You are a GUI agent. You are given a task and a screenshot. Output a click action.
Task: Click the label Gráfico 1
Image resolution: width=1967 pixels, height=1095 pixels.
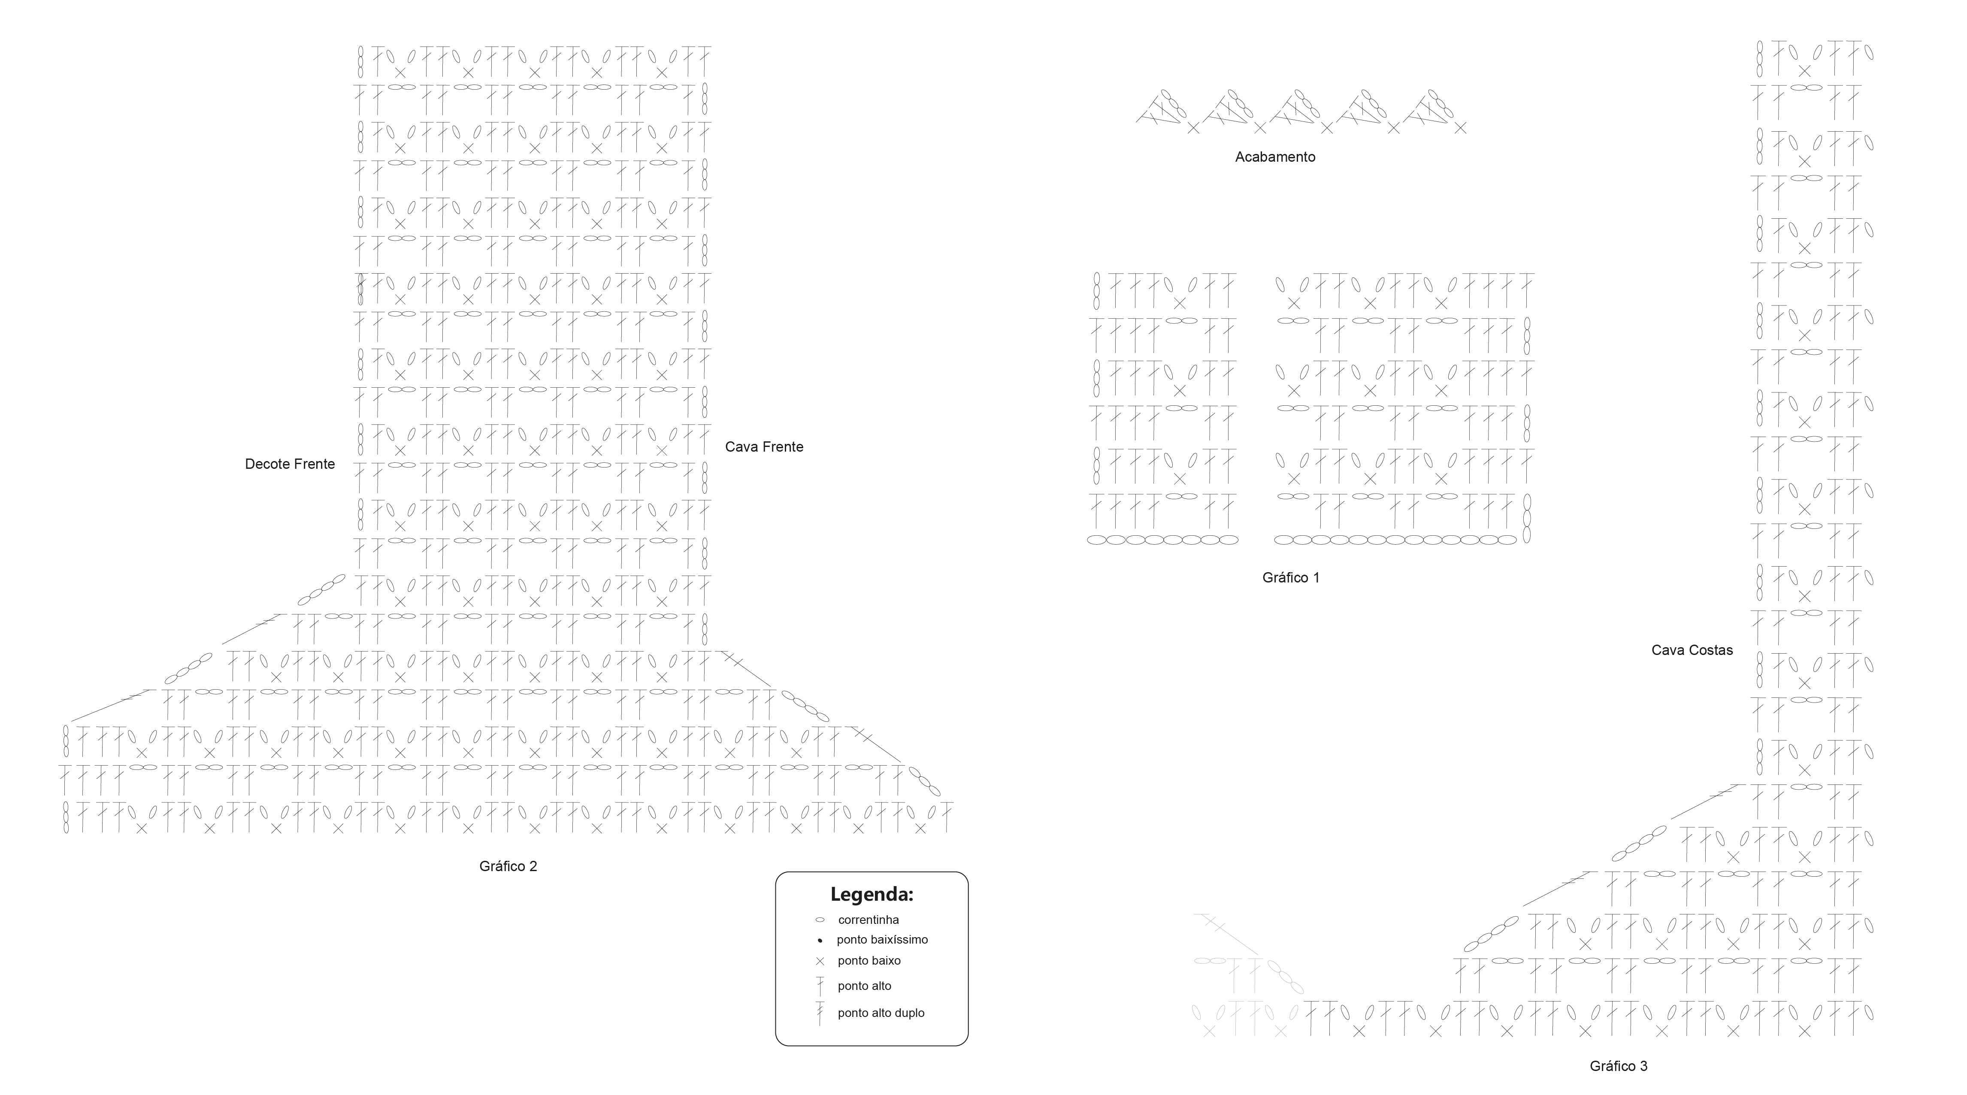(1290, 578)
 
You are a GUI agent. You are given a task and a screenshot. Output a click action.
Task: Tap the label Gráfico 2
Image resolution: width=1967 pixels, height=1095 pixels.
(508, 866)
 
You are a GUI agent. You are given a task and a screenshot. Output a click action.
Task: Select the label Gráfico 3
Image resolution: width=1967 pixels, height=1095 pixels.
(1618, 1066)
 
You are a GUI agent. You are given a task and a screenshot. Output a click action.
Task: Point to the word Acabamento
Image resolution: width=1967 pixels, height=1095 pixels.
(1275, 157)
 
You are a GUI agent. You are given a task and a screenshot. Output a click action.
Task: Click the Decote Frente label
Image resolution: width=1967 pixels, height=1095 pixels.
(289, 464)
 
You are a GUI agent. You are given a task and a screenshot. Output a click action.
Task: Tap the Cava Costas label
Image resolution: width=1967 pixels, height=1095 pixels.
(1692, 650)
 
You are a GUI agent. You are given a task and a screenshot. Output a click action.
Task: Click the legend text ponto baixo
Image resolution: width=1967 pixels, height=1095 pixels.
(869, 961)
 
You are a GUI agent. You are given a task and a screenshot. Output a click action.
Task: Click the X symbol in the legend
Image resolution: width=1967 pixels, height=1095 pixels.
(820, 961)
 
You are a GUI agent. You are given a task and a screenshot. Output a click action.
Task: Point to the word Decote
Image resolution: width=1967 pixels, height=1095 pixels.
(267, 464)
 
